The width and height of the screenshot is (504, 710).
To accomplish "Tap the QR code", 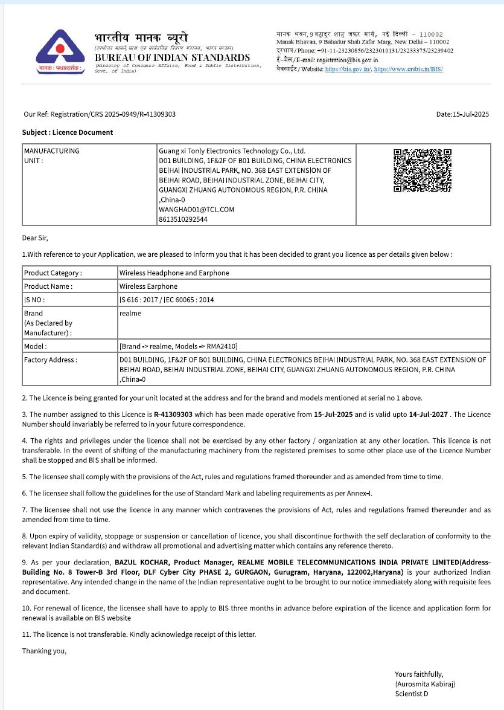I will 423,170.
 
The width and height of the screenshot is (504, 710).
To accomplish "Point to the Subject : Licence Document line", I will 68,132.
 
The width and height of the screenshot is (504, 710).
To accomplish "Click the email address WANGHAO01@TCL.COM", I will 196,210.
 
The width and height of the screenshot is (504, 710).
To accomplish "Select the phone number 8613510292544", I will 183,219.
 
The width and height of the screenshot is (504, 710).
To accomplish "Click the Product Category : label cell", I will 53,273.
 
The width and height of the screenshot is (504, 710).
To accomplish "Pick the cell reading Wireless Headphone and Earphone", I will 174,273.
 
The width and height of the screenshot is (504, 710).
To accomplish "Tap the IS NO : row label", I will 34,300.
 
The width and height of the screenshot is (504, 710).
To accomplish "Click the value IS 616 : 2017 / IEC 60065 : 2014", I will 167,300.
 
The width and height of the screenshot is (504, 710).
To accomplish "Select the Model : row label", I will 36,347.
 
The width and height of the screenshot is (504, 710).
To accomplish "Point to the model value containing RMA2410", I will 179,347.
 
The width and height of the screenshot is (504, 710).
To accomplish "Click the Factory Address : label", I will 51,360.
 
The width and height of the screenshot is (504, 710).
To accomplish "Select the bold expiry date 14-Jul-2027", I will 428,415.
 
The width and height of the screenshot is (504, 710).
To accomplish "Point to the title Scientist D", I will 412,694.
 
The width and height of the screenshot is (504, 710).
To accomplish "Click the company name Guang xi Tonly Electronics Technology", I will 232,151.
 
